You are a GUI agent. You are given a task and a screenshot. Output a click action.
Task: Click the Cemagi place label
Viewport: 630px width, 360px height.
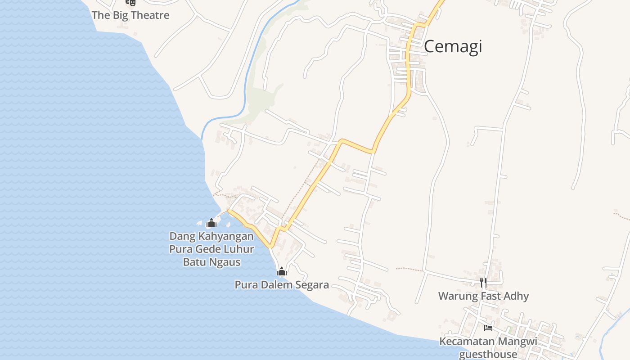[x=453, y=46]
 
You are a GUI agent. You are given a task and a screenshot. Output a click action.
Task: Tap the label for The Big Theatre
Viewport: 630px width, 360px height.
[x=130, y=15]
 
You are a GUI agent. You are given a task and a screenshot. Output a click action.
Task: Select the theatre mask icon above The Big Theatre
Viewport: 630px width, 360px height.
[x=130, y=2]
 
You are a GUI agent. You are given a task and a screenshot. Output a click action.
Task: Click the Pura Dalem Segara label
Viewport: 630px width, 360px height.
[x=282, y=285]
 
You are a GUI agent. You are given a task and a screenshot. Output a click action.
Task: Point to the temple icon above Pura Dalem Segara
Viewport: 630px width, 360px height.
[x=282, y=271]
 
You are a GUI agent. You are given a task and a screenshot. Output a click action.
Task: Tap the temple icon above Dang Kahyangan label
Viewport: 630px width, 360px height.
[x=211, y=223]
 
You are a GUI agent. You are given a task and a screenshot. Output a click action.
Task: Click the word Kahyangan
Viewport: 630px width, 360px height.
[x=226, y=236]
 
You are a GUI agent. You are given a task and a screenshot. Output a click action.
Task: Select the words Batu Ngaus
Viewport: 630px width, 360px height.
[x=211, y=262]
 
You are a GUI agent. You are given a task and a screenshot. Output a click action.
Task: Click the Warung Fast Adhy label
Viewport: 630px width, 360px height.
[x=483, y=296]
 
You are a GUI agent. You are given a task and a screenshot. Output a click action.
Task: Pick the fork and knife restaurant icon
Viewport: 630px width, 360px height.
[x=483, y=283]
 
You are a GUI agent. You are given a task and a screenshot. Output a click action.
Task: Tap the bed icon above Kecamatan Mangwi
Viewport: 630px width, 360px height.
[x=488, y=328]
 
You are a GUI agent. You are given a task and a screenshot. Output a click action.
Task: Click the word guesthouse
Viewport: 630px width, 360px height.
[x=488, y=354]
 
